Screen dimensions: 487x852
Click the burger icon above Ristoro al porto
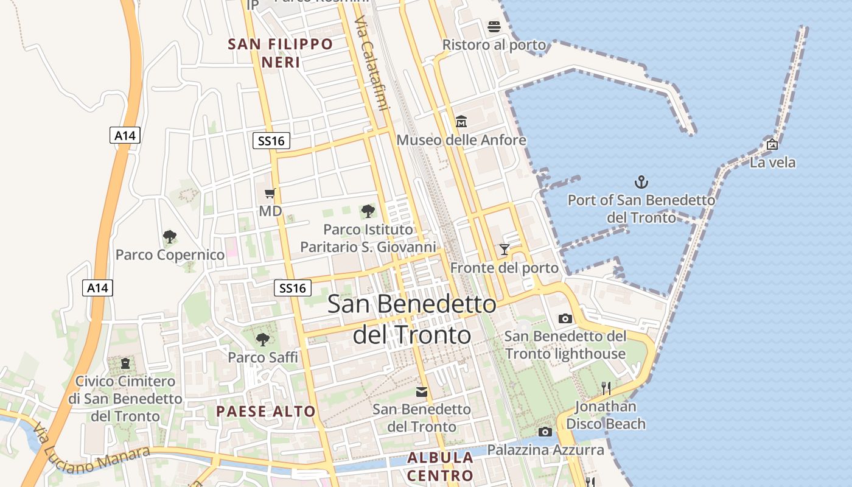click(494, 27)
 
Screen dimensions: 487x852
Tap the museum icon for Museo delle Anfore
click(461, 122)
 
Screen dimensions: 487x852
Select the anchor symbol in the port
click(641, 181)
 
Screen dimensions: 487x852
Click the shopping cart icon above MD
click(270, 194)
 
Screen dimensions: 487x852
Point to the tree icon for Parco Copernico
click(170, 236)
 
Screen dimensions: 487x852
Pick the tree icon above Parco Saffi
click(263, 339)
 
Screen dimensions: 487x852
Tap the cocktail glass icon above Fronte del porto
click(504, 249)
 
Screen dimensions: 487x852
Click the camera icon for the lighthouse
click(565, 318)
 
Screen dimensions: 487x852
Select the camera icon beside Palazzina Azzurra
click(545, 432)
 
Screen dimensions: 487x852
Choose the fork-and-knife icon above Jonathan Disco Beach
click(606, 388)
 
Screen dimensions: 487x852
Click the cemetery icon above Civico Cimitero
click(125, 363)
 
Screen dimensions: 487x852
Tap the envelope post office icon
click(421, 391)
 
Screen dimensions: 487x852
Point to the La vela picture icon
click(772, 144)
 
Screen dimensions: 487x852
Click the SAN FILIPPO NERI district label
click(281, 53)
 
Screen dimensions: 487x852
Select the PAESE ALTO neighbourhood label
click(266, 412)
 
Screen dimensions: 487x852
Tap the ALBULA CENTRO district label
click(440, 466)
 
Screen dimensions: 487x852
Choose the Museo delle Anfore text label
click(461, 140)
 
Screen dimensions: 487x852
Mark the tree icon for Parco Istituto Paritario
click(368, 211)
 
